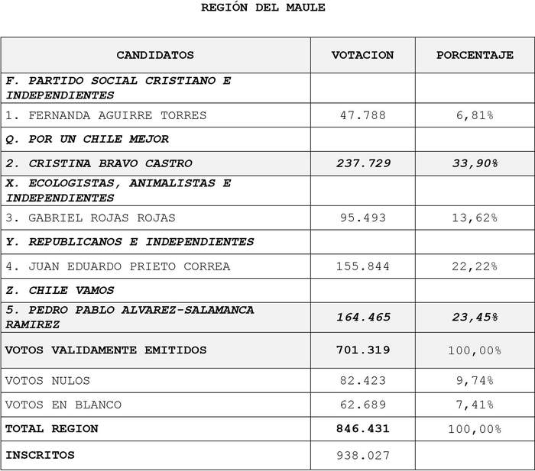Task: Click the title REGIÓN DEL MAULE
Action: (x=263, y=8)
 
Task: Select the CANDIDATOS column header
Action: (x=155, y=55)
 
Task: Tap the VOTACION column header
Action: (x=362, y=55)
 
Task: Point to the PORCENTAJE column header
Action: (x=475, y=55)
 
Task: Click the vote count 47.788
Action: (x=362, y=115)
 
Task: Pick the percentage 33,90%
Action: (x=475, y=163)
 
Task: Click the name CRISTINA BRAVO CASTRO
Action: (x=110, y=163)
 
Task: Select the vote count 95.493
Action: (x=362, y=218)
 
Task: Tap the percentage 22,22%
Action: (x=475, y=266)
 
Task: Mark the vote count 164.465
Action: (x=362, y=317)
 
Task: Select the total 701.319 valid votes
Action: (x=362, y=350)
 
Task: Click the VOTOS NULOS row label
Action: (x=47, y=380)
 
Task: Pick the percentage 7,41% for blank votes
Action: (x=475, y=405)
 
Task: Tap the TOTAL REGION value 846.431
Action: (x=362, y=429)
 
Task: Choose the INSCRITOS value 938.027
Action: (x=362, y=456)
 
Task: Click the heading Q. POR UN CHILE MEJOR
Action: (x=87, y=139)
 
